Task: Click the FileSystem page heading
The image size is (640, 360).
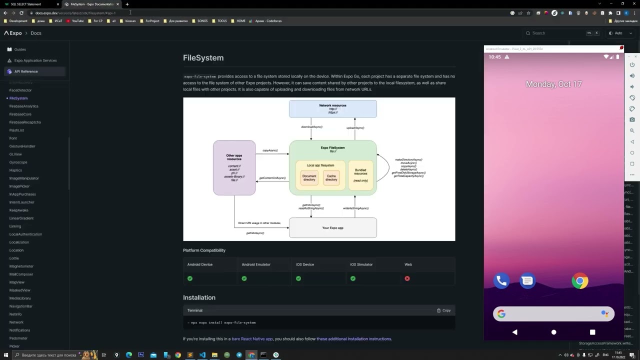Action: pyautogui.click(x=203, y=58)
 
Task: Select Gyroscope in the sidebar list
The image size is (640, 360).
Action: pyautogui.click(x=18, y=162)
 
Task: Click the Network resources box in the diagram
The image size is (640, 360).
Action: pyautogui.click(x=332, y=109)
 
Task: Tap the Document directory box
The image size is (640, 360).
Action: pyautogui.click(x=309, y=178)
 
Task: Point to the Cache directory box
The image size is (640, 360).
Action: pyautogui.click(x=331, y=178)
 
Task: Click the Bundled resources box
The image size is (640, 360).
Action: pyautogui.click(x=360, y=175)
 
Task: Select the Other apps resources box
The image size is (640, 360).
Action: pyautogui.click(x=234, y=168)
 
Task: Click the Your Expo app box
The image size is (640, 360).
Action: pyautogui.click(x=332, y=228)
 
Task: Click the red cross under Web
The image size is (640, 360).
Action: pyautogui.click(x=407, y=278)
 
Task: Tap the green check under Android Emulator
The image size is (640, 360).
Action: pyautogui.click(x=244, y=278)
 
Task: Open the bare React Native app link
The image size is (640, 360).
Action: pyautogui.click(x=252, y=339)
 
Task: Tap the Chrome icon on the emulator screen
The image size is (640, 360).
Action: pyautogui.click(x=579, y=281)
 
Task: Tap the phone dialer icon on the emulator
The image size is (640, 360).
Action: pyautogui.click(x=501, y=281)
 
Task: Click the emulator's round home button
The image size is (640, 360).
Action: pyautogui.click(x=553, y=332)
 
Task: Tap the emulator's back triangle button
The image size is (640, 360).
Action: pyautogui.click(x=515, y=332)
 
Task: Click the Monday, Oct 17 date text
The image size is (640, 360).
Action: pyautogui.click(x=553, y=84)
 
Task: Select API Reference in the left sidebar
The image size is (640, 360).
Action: pyautogui.click(x=26, y=71)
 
